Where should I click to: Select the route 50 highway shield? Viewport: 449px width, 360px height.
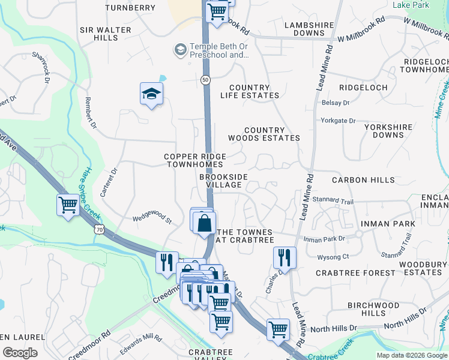point(206,79)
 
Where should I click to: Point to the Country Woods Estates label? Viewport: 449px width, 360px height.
point(272,134)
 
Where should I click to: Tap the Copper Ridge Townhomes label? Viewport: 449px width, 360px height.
point(194,160)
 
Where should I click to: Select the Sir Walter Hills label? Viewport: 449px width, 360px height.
point(98,33)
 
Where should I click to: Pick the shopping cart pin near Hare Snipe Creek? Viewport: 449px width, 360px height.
point(68,205)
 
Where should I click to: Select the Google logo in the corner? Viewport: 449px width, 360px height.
point(20,352)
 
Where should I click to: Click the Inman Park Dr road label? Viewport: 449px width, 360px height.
point(325,239)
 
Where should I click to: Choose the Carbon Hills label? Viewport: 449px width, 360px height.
point(363,180)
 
